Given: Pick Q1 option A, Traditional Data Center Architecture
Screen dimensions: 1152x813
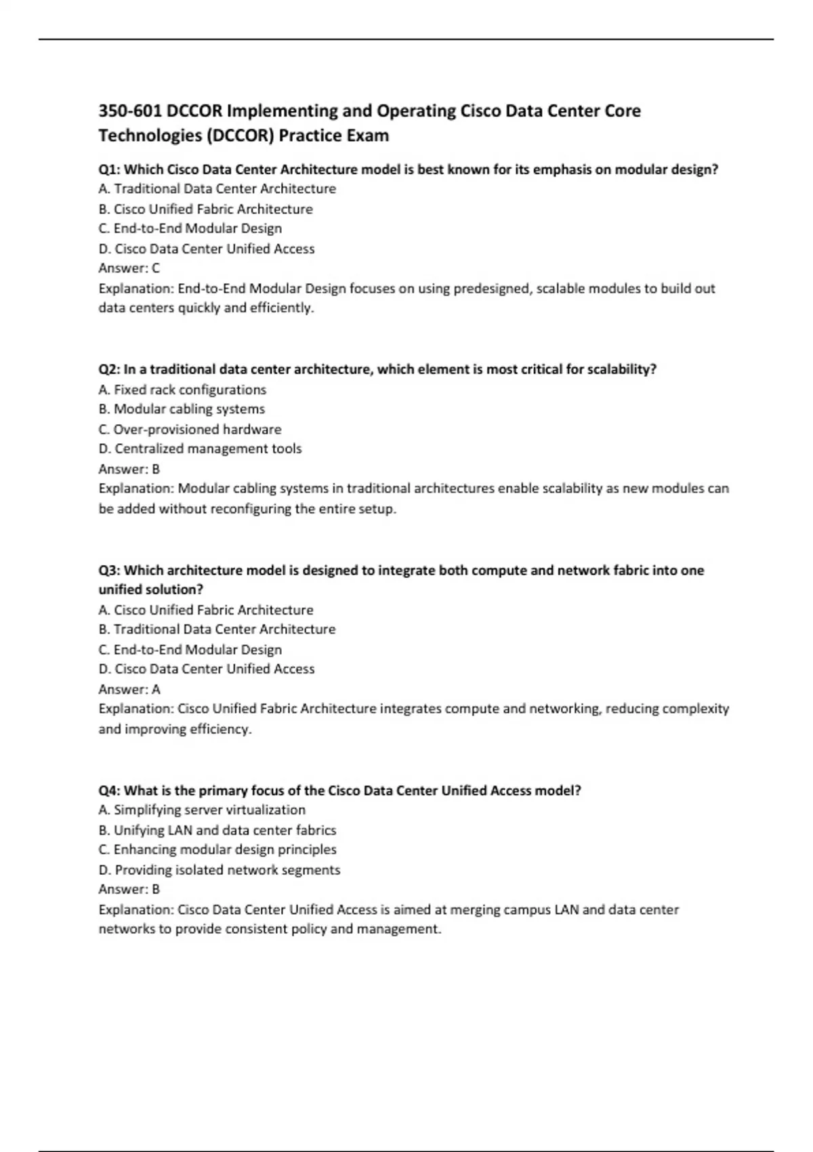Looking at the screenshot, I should click(x=217, y=189).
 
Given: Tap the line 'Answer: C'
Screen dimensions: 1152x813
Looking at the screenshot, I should click(x=129, y=268).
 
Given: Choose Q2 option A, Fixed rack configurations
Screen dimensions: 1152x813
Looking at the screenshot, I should click(x=182, y=390).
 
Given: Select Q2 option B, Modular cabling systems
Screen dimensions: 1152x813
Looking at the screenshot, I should click(x=182, y=409).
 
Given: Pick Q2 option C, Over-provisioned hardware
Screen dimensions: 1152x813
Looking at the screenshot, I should click(x=190, y=430).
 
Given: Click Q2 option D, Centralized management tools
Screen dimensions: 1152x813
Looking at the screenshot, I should click(x=200, y=449).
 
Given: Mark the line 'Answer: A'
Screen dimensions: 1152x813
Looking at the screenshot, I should click(x=129, y=689).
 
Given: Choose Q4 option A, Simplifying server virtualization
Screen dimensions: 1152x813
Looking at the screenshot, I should click(x=202, y=810).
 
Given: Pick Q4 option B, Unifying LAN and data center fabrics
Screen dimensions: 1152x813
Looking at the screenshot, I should click(x=217, y=830).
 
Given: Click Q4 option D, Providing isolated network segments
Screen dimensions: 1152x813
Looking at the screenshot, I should click(x=220, y=870).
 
